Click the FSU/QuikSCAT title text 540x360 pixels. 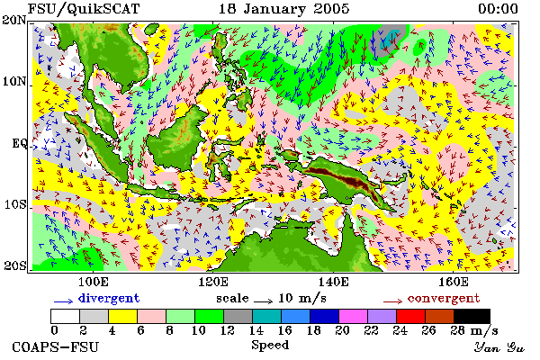[84, 9]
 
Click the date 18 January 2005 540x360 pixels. [284, 9]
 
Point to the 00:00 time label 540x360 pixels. [498, 9]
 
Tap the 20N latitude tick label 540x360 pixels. [14, 20]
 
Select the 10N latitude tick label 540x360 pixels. [14, 82]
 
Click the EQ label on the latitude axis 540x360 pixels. [20, 143]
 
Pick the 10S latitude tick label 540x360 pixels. [15, 204]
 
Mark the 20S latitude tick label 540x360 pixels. [15, 265]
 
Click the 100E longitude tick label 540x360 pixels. [94, 282]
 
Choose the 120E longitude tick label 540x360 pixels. [213, 282]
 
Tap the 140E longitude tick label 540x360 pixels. [333, 282]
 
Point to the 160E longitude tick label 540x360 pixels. [454, 282]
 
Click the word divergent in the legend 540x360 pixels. [109, 298]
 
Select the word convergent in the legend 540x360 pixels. [444, 298]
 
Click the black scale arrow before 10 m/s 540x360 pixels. [263, 301]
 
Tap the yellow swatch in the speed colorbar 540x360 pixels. [123, 316]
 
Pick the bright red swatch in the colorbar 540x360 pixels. [411, 316]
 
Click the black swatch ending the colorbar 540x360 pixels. [472, 316]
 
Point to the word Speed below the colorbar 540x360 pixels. [270, 346]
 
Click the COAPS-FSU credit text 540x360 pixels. [56, 346]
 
